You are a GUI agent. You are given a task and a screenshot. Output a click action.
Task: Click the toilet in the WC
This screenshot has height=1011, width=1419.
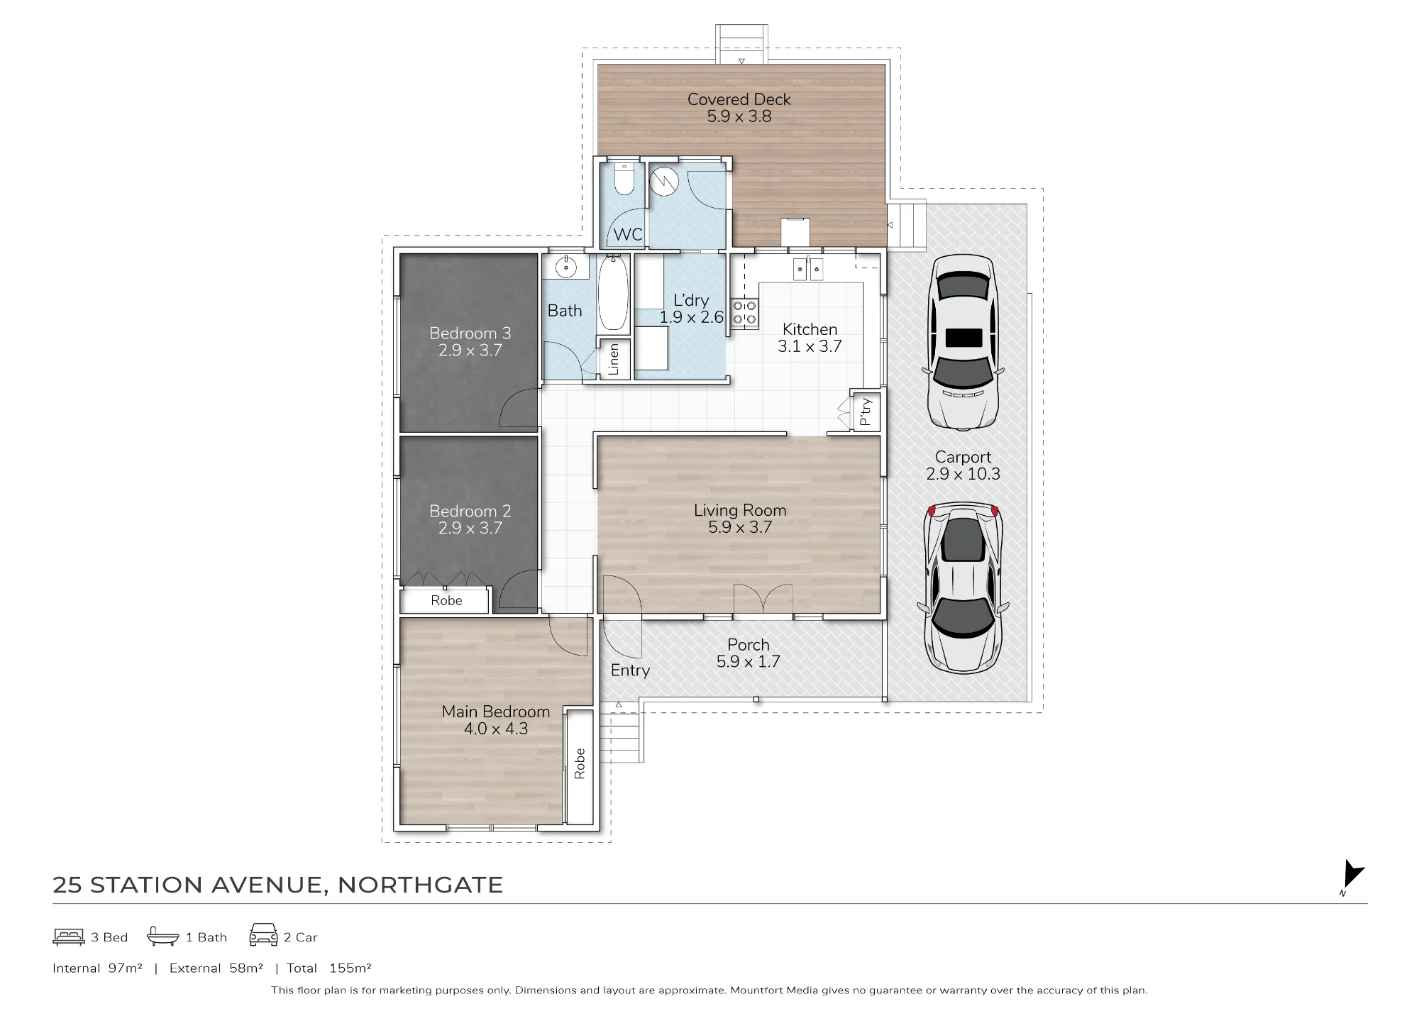[x=624, y=179]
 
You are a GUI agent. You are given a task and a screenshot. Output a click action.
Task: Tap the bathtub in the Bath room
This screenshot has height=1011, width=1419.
[x=613, y=294]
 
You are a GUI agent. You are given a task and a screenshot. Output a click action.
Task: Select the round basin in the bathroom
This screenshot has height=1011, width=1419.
[x=566, y=267]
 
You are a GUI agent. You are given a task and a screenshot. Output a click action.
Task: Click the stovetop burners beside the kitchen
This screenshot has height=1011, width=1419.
[x=745, y=313]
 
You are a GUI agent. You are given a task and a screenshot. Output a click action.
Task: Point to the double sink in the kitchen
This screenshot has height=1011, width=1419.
[x=808, y=269]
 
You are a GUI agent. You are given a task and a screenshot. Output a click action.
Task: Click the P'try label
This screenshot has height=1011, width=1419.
[x=865, y=411]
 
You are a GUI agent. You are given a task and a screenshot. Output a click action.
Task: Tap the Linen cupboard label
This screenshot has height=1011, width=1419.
[x=614, y=359]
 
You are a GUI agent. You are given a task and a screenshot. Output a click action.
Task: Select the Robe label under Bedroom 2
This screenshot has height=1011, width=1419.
[x=446, y=600]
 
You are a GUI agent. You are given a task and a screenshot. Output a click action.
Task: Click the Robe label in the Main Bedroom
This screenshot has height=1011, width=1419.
[x=580, y=763]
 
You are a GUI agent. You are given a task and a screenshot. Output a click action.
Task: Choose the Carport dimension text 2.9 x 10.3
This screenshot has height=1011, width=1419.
[x=963, y=474]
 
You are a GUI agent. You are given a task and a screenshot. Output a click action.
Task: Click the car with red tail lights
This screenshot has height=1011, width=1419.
[x=963, y=588]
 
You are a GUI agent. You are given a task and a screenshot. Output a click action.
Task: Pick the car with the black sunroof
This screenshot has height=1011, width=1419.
[x=963, y=343]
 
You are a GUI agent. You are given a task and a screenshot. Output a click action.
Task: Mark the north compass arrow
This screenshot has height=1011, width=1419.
[x=1353, y=874]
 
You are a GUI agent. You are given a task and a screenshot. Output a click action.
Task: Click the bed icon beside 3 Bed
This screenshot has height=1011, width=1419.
[x=69, y=937]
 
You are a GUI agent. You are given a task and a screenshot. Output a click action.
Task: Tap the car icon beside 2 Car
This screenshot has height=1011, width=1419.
[x=263, y=935]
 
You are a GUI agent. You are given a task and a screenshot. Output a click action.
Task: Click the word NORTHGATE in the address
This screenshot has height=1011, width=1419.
[x=420, y=885]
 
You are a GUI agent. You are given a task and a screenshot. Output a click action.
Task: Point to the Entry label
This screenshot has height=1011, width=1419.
[x=630, y=670]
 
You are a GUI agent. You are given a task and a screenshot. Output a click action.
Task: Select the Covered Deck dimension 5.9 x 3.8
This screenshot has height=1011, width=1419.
[x=739, y=116]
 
